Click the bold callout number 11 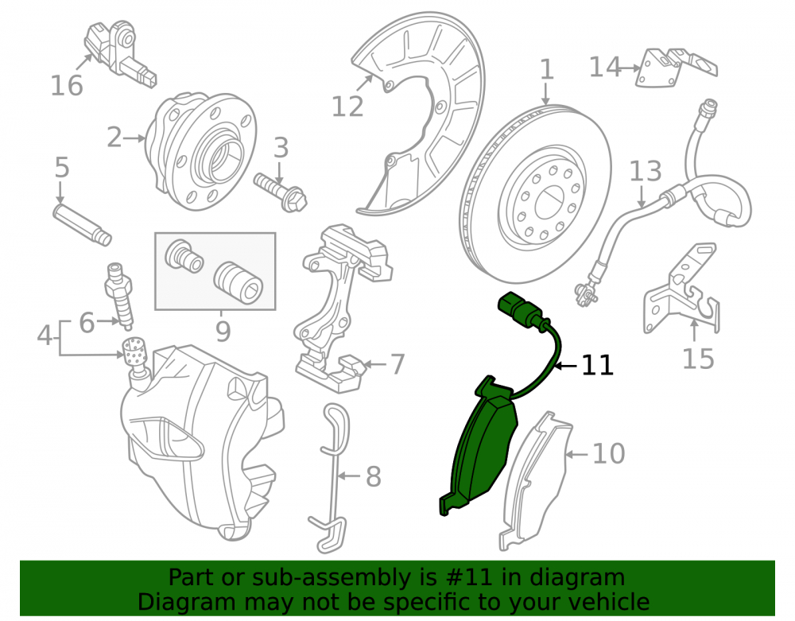[597, 365]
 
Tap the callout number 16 [67, 85]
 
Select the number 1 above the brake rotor [546, 69]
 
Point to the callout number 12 [347, 107]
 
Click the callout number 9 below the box [223, 332]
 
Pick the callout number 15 [698, 359]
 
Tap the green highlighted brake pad [479, 446]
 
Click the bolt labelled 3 [281, 192]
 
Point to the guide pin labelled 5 [82, 224]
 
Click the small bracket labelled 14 [677, 67]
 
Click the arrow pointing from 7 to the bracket [375, 364]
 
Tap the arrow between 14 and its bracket [631, 68]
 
